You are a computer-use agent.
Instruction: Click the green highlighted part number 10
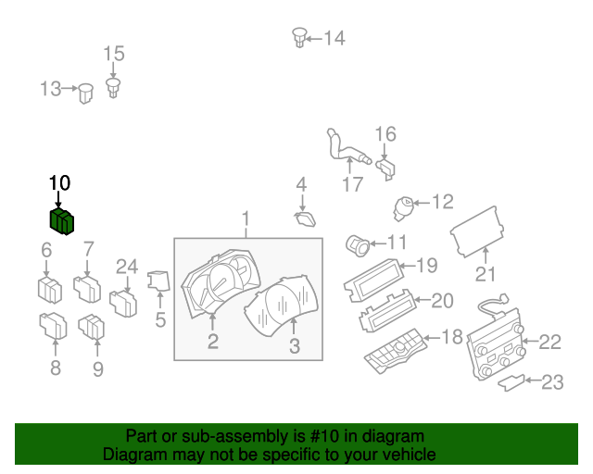click(x=62, y=221)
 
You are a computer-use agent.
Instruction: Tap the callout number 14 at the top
click(x=334, y=38)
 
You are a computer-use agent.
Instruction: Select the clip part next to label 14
click(x=299, y=37)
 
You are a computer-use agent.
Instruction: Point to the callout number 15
click(x=113, y=54)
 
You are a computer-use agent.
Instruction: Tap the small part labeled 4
click(x=303, y=219)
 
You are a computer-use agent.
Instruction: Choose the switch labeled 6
click(x=49, y=289)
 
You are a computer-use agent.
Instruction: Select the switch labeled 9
click(x=93, y=328)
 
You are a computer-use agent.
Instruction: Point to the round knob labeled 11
click(x=358, y=244)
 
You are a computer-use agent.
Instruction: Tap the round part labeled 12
click(x=404, y=206)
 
